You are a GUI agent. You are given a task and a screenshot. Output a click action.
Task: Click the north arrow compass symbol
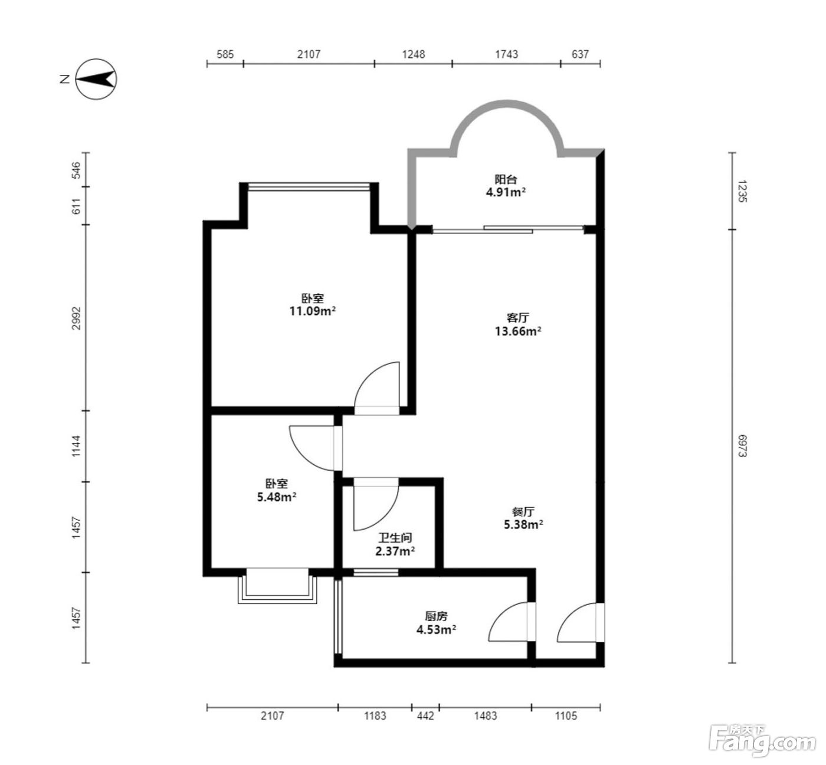point(96,79)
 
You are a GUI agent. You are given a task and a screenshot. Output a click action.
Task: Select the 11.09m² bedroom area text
point(313,311)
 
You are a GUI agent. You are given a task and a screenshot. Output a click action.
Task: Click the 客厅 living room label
point(518,318)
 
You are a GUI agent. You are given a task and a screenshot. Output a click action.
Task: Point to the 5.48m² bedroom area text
point(277,497)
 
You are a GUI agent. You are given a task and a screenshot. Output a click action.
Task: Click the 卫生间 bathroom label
point(395,538)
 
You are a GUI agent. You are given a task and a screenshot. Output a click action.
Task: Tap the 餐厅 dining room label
point(523,511)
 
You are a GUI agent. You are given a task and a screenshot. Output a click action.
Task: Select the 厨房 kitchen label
point(436,616)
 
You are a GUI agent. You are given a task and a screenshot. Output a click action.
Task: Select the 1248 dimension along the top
point(414,54)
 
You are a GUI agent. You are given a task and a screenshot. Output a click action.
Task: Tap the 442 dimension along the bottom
point(425,715)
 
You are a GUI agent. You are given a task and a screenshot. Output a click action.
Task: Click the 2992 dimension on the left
point(76,319)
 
